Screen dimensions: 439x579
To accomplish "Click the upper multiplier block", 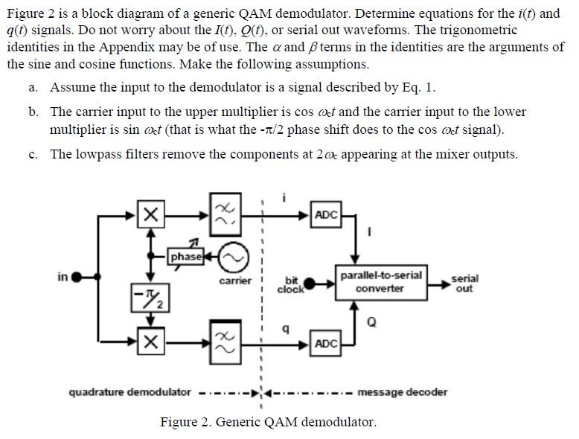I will (x=150, y=215).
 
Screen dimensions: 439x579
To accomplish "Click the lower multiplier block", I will (x=150, y=342).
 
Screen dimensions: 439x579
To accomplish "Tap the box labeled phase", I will (x=186, y=257).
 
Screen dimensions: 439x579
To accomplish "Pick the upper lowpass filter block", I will (x=223, y=215).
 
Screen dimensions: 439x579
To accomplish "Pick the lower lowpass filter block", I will (x=223, y=342).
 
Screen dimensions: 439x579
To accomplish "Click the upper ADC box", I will (x=326, y=215).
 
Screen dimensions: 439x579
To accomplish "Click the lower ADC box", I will (x=326, y=343).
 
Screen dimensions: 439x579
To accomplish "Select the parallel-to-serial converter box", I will (x=380, y=282).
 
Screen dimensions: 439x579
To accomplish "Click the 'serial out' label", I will (x=464, y=283).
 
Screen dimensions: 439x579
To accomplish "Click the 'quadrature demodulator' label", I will (x=129, y=392).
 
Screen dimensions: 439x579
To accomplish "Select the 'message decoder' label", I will (x=403, y=392).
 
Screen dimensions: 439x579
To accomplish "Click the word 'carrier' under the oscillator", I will (x=234, y=281).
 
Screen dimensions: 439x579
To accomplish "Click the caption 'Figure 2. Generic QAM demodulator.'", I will (x=268, y=422).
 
